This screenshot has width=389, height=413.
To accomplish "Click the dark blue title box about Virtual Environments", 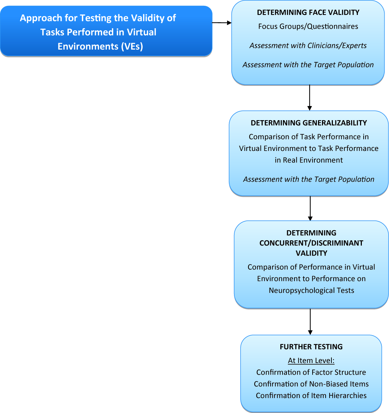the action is [x=106, y=31].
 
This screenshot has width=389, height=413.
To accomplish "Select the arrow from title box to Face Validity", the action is [x=222, y=23].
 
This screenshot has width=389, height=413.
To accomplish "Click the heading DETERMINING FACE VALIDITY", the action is [x=308, y=12].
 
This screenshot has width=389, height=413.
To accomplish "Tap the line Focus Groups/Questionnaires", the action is [x=308, y=26].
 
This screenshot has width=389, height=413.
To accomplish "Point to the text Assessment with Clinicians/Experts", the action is [x=308, y=46].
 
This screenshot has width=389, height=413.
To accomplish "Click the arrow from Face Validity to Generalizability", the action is [x=310, y=97].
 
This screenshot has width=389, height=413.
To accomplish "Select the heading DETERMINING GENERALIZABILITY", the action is [x=309, y=123].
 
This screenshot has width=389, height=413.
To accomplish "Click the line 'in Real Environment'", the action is [x=309, y=160].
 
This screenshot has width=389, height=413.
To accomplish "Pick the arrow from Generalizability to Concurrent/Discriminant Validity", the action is [x=310, y=208].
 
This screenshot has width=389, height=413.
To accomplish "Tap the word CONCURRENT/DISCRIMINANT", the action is [x=311, y=243].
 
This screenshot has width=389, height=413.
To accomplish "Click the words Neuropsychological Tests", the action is [x=311, y=290].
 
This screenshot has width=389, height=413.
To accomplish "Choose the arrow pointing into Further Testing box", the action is [x=310, y=321].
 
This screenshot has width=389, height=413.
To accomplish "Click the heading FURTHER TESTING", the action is [x=311, y=347].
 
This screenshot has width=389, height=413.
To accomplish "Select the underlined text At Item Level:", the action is [x=311, y=361].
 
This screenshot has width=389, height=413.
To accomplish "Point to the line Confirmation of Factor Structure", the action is [x=311, y=372].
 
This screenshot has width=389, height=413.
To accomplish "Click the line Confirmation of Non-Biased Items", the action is [x=311, y=384].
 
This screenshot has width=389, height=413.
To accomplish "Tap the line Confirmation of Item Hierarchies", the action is [x=311, y=395].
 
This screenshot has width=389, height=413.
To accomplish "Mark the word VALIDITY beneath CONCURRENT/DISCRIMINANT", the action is [x=311, y=253].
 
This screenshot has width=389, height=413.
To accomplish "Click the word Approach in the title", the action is [x=41, y=18].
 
